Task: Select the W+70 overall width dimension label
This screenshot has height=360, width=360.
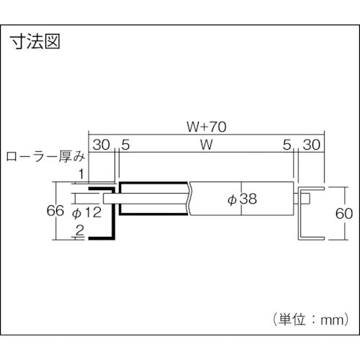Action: click(x=206, y=126)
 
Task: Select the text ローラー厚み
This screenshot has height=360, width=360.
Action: click(x=45, y=156)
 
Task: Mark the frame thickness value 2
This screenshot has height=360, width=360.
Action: click(x=79, y=231)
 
